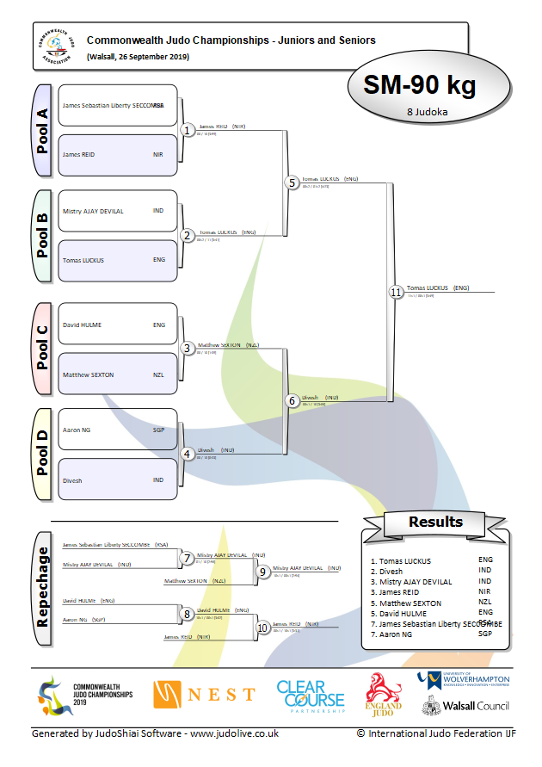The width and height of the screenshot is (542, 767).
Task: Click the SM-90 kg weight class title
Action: pyautogui.click(x=419, y=85)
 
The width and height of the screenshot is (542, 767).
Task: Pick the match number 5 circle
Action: pyautogui.click(x=292, y=182)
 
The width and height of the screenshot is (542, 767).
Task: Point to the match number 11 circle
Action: pyautogui.click(x=395, y=292)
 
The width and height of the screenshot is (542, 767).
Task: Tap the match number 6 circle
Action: pyautogui.click(x=292, y=401)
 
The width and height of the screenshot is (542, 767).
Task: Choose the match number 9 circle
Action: pyautogui.click(x=263, y=570)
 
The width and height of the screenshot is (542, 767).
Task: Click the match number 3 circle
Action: pyautogui.click(x=188, y=348)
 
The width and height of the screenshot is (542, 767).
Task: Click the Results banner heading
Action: pyautogui.click(x=435, y=522)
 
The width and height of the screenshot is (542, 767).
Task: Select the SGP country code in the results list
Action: pyautogui.click(x=485, y=634)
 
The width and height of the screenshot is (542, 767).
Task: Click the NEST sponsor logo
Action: pyautogui.click(x=205, y=694)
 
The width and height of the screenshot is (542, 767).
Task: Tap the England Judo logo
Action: pyautogui.click(x=384, y=695)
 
